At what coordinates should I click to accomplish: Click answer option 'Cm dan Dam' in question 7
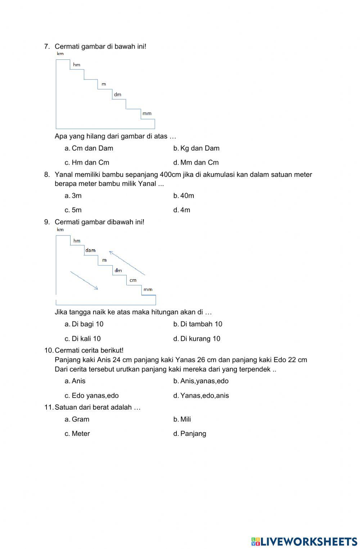coord(92,148)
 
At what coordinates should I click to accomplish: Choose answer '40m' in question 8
coord(187,196)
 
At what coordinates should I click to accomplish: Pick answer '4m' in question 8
coord(185,210)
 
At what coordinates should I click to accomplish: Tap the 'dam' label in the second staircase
coord(90,250)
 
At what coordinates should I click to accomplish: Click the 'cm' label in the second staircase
coord(133,280)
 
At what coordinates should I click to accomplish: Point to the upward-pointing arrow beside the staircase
coord(127,263)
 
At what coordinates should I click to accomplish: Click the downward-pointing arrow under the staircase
coord(84,280)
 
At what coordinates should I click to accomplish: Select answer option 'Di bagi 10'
coord(87,324)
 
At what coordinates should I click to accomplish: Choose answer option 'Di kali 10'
coord(86,339)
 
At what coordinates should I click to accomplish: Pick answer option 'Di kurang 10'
coord(200,339)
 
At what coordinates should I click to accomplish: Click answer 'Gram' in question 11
coord(80,419)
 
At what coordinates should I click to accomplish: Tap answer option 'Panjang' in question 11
coord(193,434)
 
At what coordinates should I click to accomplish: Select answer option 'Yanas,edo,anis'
coord(204,396)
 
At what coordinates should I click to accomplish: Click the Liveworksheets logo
coord(304,541)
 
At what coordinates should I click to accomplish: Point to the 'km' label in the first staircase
coord(60,54)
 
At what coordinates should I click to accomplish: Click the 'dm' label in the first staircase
coord(117,94)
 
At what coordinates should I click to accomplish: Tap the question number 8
coord(47,175)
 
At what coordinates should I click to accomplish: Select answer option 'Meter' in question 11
coord(81,434)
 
